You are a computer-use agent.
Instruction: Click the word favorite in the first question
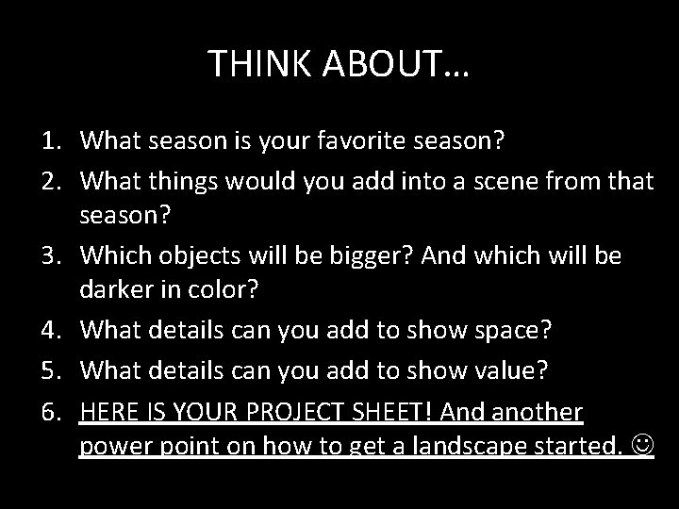[360, 141]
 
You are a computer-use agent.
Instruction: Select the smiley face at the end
[642, 442]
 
